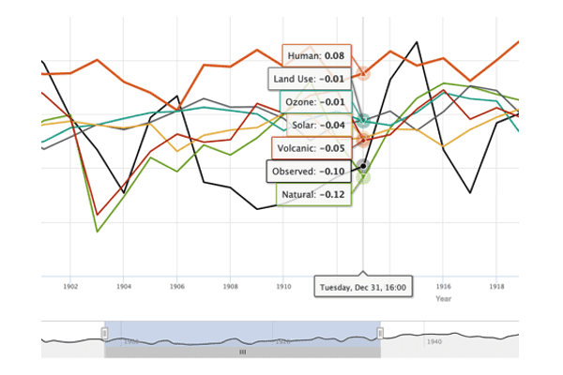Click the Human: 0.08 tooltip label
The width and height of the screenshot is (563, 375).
coord(316,56)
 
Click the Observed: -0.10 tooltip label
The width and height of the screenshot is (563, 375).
coord(309,172)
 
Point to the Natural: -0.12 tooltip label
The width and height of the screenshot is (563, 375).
coord(313,194)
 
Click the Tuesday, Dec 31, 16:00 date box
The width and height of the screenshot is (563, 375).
coord(363,287)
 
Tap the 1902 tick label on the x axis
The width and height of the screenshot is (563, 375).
coord(70,285)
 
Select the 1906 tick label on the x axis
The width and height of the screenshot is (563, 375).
coord(176,285)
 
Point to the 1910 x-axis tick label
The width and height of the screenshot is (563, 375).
coord(282,285)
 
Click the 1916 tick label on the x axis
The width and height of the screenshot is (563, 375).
coord(443,285)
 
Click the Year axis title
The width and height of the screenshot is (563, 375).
coord(443,298)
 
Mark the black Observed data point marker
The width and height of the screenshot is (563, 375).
coord(363,166)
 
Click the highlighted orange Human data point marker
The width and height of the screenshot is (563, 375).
coord(363,72)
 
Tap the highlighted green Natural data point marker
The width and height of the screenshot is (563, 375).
coord(363,177)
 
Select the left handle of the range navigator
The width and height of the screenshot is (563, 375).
coord(105,333)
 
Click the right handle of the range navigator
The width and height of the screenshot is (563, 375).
coord(380,333)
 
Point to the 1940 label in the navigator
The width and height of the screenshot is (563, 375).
coord(434,342)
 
